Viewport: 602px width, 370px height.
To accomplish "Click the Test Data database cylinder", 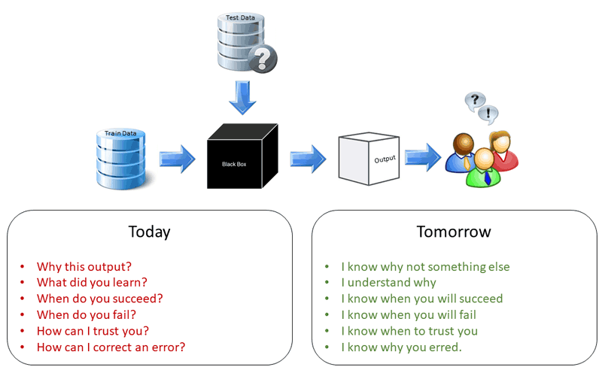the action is click(x=241, y=41).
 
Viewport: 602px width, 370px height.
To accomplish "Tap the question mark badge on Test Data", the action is click(x=263, y=59).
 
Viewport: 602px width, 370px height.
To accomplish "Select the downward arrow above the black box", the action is click(x=242, y=98).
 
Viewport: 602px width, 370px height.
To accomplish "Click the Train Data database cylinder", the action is click(x=120, y=159).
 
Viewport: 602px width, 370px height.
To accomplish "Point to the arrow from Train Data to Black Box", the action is click(x=178, y=159).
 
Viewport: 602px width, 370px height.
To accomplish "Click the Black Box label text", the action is click(x=234, y=164).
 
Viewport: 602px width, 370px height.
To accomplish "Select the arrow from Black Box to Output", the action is click(x=309, y=159).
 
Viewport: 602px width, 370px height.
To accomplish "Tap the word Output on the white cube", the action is click(x=385, y=159).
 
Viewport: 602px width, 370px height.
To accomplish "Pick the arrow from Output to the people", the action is click(x=423, y=157).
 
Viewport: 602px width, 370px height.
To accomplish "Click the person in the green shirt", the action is click(x=484, y=168).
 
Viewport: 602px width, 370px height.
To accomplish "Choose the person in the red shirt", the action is click(x=503, y=150).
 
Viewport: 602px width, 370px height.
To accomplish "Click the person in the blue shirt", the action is click(x=462, y=153).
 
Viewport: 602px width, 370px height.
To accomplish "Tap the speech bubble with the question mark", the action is click(x=475, y=101).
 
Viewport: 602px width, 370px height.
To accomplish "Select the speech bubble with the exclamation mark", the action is click(x=488, y=114).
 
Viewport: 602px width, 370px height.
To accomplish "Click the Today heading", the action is click(x=149, y=232).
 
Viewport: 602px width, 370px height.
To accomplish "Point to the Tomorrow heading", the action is click(x=454, y=232).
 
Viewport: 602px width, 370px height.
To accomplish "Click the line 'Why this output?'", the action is click(x=84, y=266).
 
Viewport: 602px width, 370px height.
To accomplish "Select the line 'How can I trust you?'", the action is click(x=93, y=331).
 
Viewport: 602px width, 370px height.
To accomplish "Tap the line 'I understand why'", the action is click(x=388, y=283).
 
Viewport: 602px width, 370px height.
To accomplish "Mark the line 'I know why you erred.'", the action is click(x=401, y=347).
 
